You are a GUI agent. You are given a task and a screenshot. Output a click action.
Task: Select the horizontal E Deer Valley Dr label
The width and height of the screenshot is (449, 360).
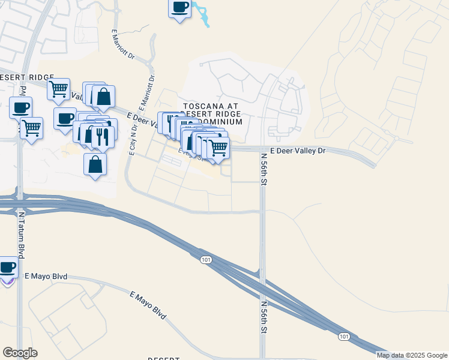pos(298,151)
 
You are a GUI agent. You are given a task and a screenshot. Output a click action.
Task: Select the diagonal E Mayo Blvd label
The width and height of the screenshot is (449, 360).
pos(148,304)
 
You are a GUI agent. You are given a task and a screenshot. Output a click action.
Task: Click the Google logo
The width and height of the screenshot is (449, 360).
pos(20,353)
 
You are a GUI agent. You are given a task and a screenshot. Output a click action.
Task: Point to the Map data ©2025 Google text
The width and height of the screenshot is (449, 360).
pos(412,355)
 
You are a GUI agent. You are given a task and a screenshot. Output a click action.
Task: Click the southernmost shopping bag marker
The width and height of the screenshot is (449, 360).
pos(95,163)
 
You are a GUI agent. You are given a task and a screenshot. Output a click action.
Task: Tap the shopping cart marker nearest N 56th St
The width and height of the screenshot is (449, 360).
pos(218,146)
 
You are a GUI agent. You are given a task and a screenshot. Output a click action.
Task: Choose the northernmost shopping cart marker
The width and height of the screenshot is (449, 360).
pos(58,89)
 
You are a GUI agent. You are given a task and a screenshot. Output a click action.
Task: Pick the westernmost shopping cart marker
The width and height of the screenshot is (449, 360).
pos(31,127)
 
